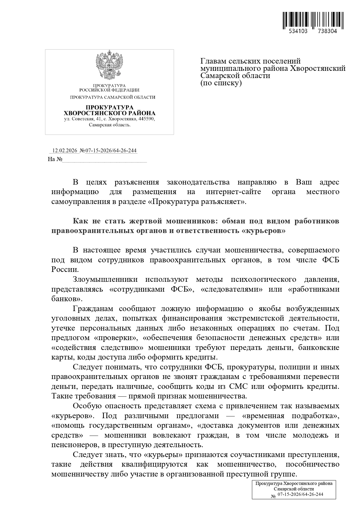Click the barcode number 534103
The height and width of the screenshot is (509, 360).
click(298, 31)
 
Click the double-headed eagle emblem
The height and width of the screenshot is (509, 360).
click(109, 65)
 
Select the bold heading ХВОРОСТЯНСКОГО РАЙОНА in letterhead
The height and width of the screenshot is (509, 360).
click(109, 113)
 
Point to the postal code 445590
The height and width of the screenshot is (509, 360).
click(147, 119)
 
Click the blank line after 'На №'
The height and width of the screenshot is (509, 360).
click(104, 160)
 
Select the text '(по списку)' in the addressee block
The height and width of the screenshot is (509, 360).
click(221, 83)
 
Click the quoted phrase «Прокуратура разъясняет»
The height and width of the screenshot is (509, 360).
click(197, 202)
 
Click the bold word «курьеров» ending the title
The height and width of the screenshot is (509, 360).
click(264, 231)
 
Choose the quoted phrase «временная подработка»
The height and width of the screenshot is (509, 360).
click(290, 416)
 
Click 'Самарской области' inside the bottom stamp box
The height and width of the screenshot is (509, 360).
click(294, 489)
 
